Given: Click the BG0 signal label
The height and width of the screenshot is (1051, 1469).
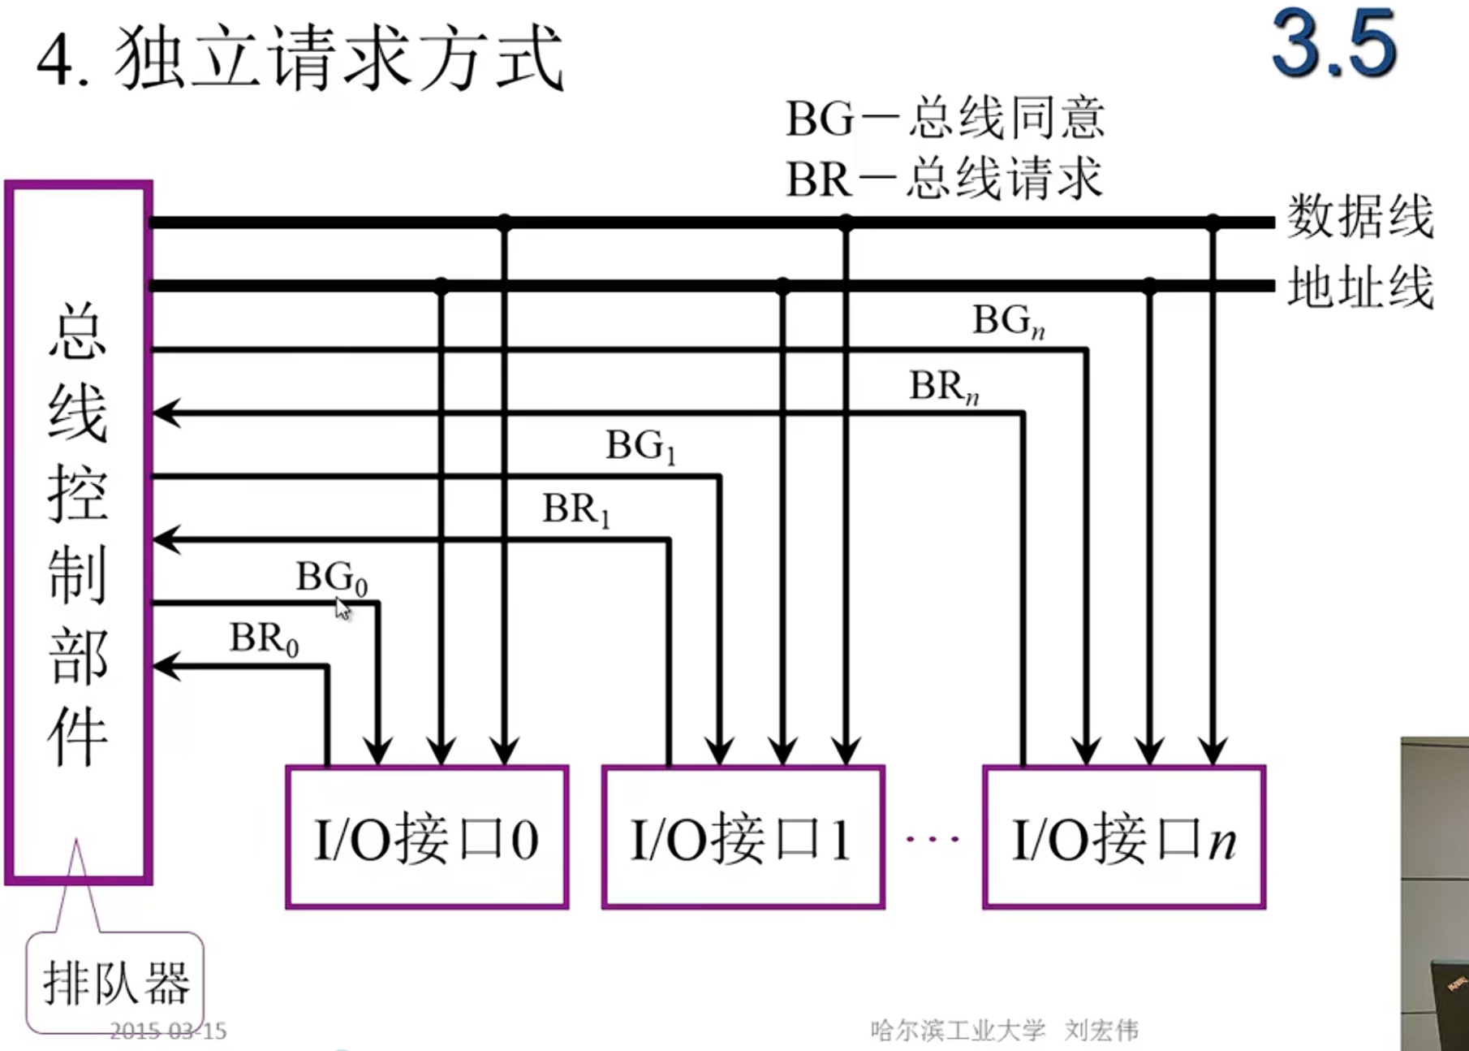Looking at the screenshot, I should (x=331, y=577).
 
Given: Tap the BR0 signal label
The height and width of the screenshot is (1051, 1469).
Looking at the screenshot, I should (x=264, y=639).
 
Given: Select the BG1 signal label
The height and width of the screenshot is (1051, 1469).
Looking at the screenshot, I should (x=640, y=447).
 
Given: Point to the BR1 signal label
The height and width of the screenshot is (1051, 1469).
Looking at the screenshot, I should (x=575, y=510).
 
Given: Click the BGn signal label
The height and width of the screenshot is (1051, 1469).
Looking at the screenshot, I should (x=1008, y=321).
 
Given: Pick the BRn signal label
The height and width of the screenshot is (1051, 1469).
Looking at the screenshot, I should (x=943, y=387).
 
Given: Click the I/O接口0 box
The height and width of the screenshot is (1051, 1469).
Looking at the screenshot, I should (x=427, y=837).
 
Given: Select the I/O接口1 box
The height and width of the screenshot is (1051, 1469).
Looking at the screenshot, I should (x=743, y=837).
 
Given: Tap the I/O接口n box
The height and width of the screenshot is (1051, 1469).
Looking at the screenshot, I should (x=1124, y=837).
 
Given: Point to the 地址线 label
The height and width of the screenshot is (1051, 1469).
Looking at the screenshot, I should (x=1360, y=287).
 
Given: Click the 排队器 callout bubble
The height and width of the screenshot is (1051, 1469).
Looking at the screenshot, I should (x=115, y=982).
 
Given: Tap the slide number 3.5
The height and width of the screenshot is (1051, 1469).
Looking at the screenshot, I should (x=1333, y=45).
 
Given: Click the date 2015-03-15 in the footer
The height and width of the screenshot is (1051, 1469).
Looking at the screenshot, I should (x=168, y=1032).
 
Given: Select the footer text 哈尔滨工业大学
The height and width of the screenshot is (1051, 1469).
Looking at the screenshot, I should (x=958, y=1030).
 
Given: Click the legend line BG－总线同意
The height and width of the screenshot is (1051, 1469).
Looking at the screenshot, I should (x=945, y=119).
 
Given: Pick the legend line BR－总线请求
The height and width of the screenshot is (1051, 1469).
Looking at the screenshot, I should (x=945, y=179).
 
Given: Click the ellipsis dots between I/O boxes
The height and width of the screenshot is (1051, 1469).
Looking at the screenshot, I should (x=933, y=839).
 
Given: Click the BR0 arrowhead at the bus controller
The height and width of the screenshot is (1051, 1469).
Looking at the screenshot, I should (x=165, y=667).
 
